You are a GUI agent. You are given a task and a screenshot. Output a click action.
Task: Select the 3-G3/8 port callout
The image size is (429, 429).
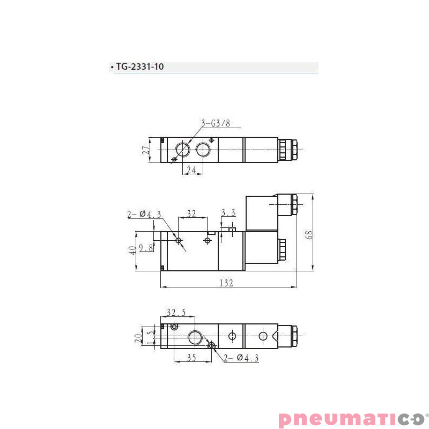216,123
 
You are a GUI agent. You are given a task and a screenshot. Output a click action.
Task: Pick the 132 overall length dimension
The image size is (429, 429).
227,284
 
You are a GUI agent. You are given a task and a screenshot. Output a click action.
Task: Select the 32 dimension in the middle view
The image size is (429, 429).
191,213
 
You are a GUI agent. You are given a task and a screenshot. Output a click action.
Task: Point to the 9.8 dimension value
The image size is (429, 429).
146,248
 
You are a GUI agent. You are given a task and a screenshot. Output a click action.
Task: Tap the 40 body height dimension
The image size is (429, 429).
132,251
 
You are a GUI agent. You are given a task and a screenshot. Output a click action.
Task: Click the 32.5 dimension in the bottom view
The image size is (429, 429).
176,312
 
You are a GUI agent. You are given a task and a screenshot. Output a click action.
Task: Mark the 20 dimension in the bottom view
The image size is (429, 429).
138,338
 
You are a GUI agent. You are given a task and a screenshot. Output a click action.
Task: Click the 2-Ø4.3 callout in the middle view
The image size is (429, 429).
144,214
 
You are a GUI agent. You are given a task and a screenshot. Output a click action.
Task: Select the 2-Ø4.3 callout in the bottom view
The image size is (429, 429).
241,358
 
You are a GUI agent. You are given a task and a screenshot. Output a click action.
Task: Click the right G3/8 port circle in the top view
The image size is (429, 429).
203,149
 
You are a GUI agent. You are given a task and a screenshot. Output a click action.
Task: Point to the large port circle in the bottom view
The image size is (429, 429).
194,337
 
